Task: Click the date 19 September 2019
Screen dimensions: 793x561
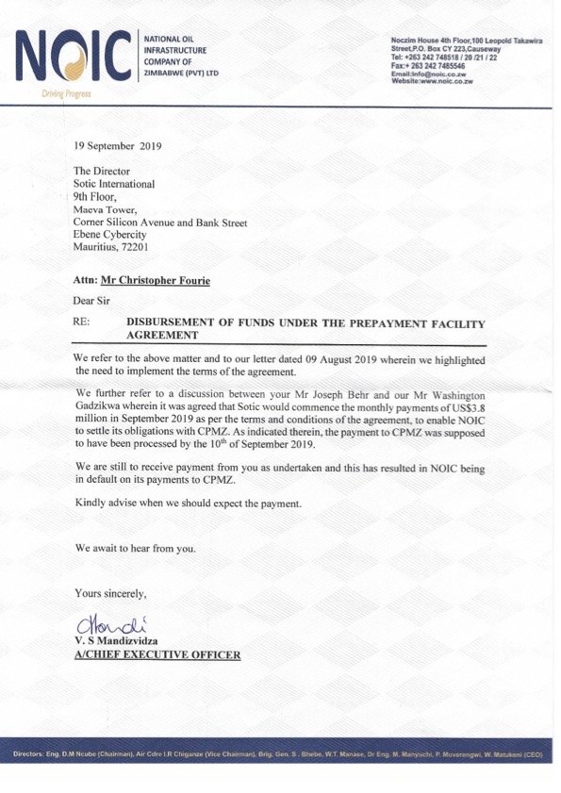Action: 118,146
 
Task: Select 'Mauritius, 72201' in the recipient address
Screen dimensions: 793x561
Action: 111,247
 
